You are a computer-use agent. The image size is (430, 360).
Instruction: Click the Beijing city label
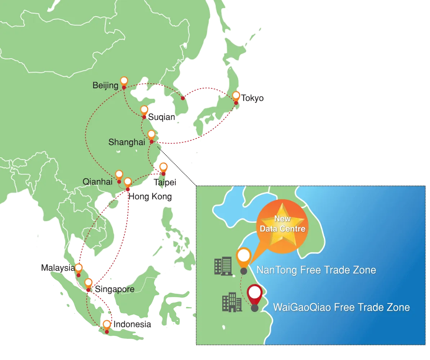[x=105, y=86]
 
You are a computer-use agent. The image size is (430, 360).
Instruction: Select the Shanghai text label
[x=127, y=143]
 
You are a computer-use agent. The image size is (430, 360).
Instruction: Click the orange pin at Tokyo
[x=236, y=96]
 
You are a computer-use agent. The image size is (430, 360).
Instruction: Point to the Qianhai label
[x=98, y=182]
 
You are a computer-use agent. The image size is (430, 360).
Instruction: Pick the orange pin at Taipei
[x=163, y=167]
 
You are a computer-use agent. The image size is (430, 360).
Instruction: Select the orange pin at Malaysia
[x=78, y=268]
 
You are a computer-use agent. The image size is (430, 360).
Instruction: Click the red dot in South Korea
[x=183, y=98]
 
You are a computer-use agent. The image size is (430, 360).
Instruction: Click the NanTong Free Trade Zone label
[x=316, y=270]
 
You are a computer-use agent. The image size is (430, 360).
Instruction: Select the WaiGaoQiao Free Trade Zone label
[x=341, y=307]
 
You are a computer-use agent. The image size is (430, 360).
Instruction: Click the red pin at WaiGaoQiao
[x=254, y=293]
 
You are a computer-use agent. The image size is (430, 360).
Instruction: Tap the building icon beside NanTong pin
[x=223, y=266]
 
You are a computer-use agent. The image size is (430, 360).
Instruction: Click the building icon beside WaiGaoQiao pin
[x=232, y=302]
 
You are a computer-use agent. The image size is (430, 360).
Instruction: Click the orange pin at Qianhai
[x=119, y=175]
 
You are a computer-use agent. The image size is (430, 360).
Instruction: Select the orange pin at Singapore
[x=88, y=283]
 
